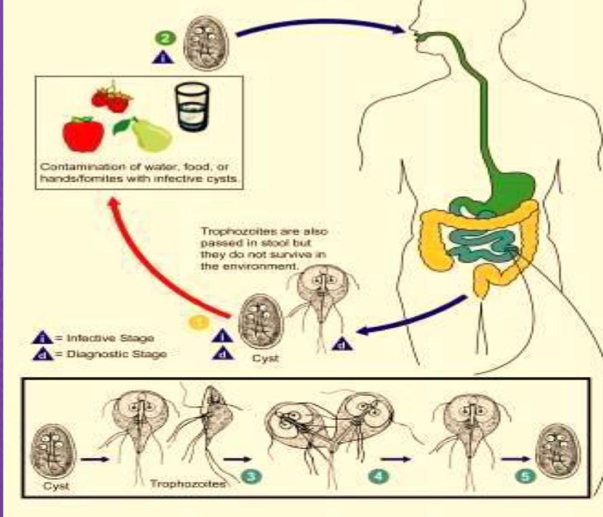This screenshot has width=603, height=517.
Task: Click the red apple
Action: pos(83,133)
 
